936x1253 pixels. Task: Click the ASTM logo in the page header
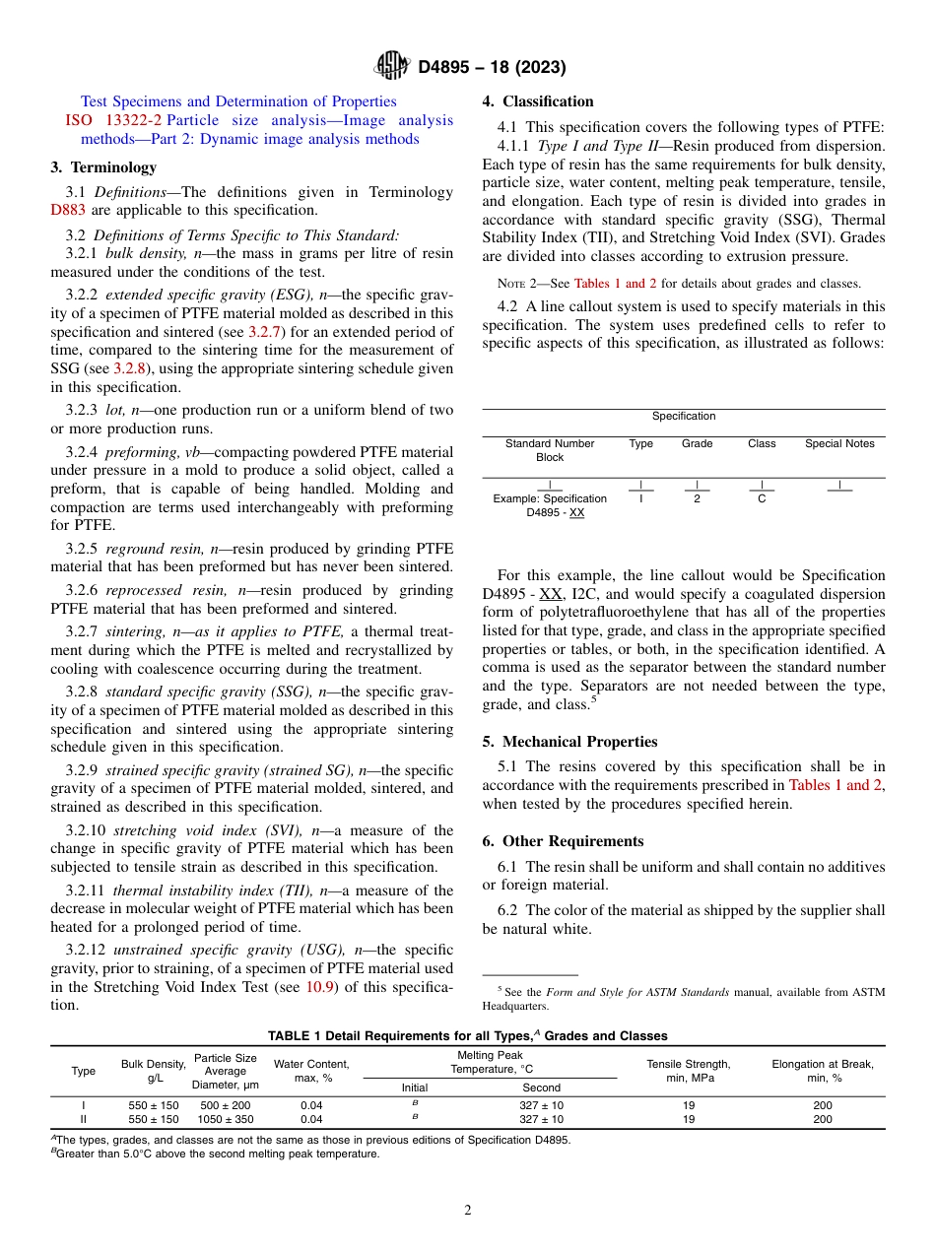click(x=393, y=66)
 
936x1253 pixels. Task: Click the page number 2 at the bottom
click(x=468, y=1210)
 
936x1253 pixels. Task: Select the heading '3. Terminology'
click(x=103, y=167)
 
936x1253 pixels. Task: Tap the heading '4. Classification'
click(x=538, y=101)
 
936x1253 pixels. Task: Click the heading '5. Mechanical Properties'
click(x=569, y=742)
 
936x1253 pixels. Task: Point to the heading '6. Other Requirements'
click(x=563, y=841)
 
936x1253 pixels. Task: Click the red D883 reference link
click(x=68, y=210)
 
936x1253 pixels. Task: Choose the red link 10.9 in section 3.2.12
click(x=318, y=986)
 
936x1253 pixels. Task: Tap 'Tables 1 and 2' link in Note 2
click(x=615, y=284)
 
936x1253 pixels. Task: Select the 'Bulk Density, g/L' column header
click(x=154, y=1071)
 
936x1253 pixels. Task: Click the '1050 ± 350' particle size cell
click(x=225, y=1119)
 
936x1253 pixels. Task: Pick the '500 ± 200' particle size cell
click(x=225, y=1105)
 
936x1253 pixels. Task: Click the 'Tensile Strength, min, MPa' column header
click(x=688, y=1071)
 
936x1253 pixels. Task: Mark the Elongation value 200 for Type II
click(x=823, y=1119)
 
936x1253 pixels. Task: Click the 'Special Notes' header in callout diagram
click(x=839, y=443)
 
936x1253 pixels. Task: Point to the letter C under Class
click(x=762, y=498)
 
